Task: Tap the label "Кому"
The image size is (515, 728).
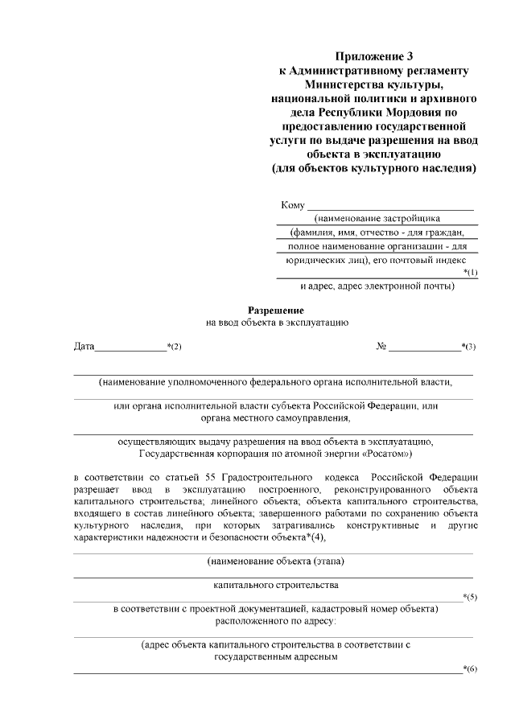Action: point(293,205)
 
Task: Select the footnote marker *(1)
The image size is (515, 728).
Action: point(471,273)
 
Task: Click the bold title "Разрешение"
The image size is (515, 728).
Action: point(275,309)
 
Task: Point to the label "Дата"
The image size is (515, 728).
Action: point(84,347)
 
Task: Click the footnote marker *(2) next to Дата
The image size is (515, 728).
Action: point(174,347)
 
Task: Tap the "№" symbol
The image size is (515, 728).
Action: point(381,347)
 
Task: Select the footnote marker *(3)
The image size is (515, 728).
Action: point(468,347)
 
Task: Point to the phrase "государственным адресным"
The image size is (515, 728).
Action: point(275,656)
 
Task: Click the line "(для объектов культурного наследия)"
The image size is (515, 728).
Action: point(374,169)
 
